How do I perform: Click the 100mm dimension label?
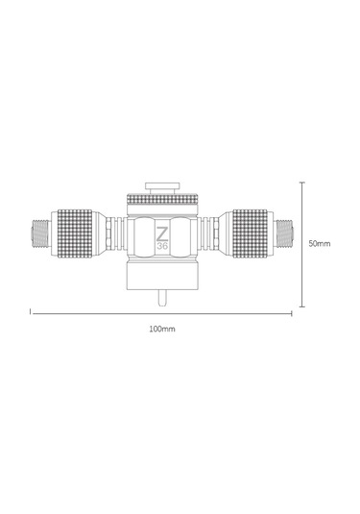[162, 329]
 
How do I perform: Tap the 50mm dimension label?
[320, 244]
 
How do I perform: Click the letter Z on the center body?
[162, 233]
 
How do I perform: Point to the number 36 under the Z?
[162, 246]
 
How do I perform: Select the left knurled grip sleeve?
[75, 233]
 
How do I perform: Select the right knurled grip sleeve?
[250, 233]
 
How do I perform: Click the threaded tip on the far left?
[39, 233]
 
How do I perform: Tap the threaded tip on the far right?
[285, 233]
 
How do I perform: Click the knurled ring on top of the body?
[162, 199]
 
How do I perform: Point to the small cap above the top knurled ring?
[162, 186]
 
